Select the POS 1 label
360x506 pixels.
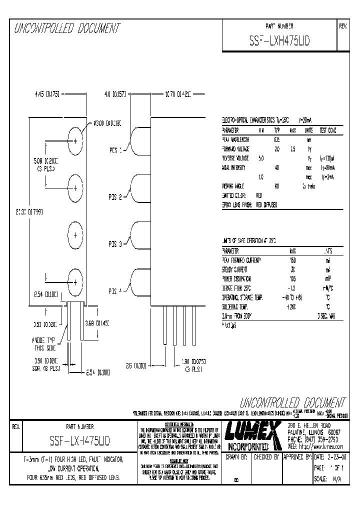[x=116, y=149]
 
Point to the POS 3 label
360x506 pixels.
[x=116, y=244]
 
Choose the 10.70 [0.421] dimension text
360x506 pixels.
[x=178, y=93]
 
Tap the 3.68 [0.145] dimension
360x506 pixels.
[x=97, y=322]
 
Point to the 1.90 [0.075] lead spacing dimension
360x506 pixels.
[x=190, y=360]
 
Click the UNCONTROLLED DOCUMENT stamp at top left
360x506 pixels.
[x=66, y=29]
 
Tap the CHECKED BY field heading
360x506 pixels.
[x=266, y=457]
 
